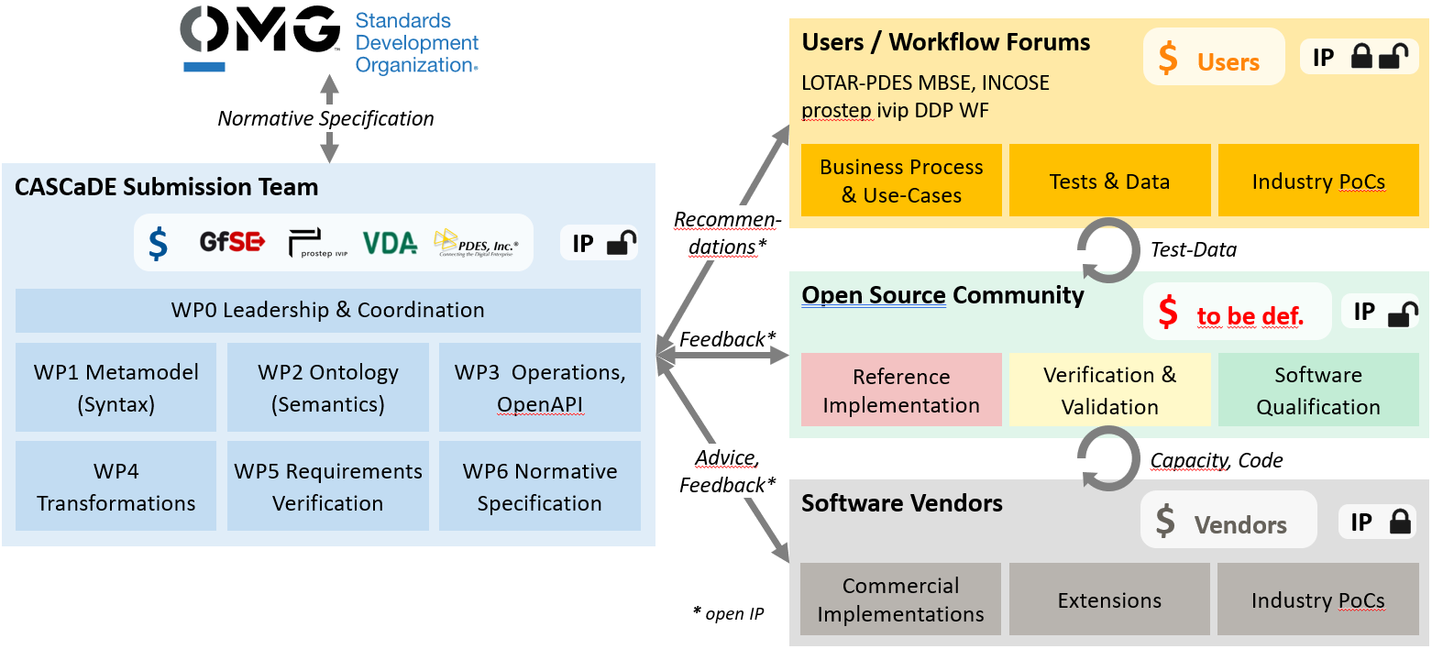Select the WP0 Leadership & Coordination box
[x=327, y=310]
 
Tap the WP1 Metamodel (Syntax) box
[x=116, y=387]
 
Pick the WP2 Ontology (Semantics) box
[x=327, y=387]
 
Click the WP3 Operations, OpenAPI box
[x=539, y=387]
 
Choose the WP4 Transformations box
[x=116, y=486]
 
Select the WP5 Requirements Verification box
[x=327, y=486]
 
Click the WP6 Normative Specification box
[x=539, y=486]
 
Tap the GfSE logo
[x=232, y=243]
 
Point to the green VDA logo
[x=390, y=243]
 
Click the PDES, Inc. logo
[x=476, y=243]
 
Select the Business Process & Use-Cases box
[x=900, y=181]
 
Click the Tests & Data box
[x=1109, y=181]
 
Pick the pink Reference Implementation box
[x=900, y=390]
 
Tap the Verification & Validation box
[x=1109, y=390]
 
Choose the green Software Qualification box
[x=1317, y=390]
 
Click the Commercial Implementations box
[x=900, y=599]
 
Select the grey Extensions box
[x=1109, y=599]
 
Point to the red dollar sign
[x=1168, y=313]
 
